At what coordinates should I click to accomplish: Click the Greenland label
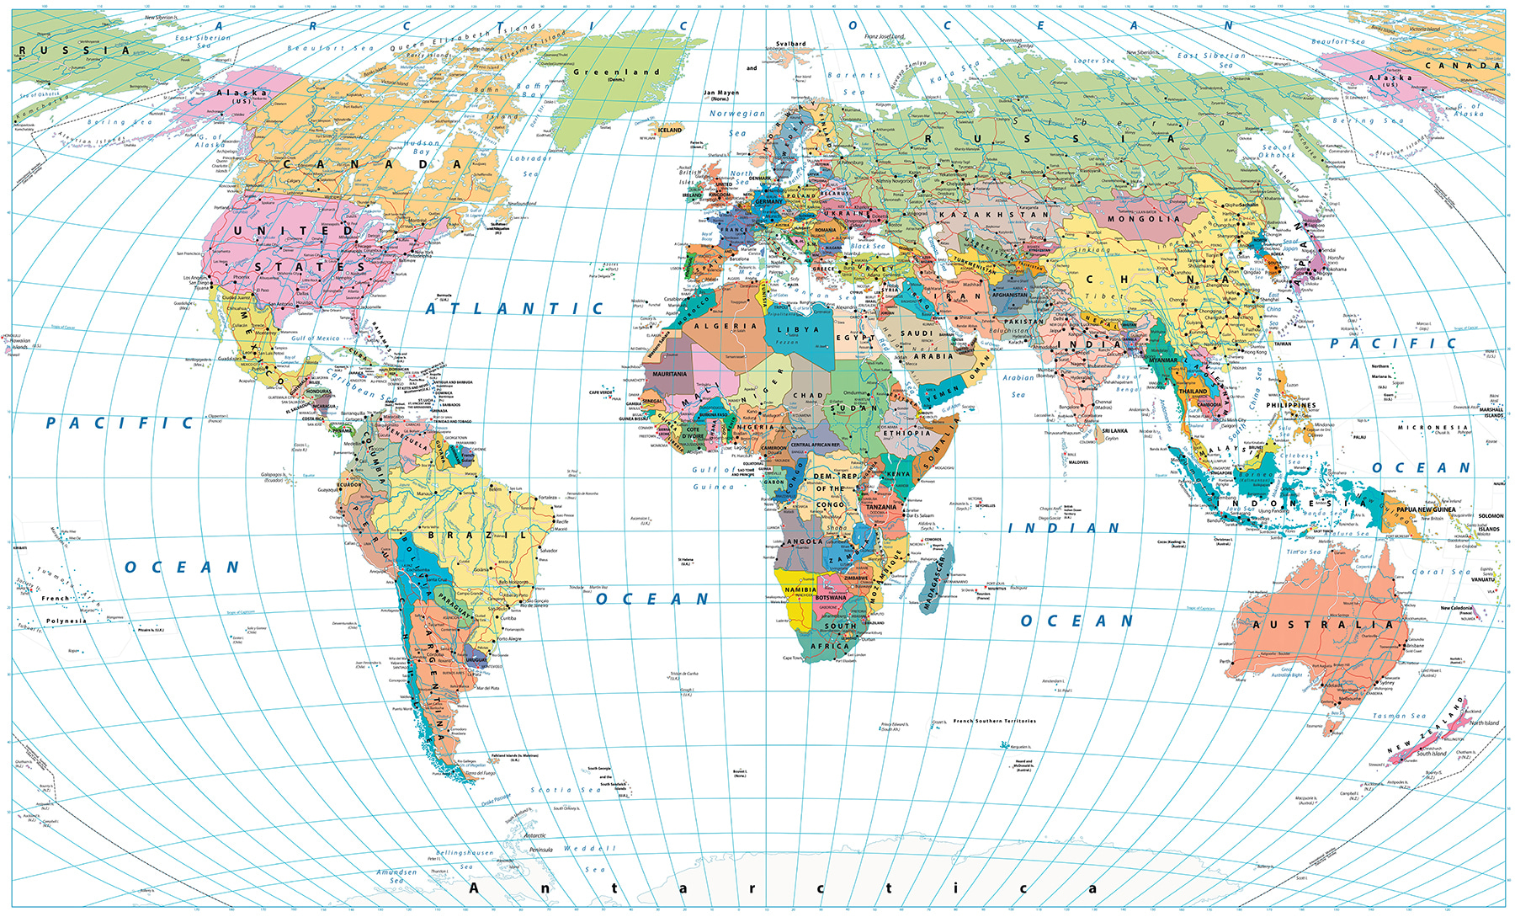click(616, 72)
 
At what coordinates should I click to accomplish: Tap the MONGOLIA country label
click(1144, 219)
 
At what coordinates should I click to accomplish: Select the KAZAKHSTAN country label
click(994, 215)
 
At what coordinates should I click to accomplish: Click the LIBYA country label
click(797, 330)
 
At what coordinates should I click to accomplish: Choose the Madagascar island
click(938, 581)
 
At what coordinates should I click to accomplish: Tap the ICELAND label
click(670, 131)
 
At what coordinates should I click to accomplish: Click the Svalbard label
click(790, 44)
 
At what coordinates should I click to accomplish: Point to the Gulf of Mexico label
click(316, 339)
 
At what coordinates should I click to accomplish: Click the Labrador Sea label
click(530, 166)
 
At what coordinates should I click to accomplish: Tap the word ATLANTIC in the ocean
click(514, 309)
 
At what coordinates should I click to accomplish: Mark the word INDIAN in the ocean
click(1064, 529)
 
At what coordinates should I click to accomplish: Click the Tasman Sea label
click(1400, 716)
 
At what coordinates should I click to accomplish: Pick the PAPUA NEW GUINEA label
click(1426, 509)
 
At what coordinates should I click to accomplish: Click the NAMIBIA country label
click(800, 589)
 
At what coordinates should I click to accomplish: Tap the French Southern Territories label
click(994, 721)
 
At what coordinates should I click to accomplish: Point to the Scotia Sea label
click(566, 790)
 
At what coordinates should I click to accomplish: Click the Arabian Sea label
click(1018, 386)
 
